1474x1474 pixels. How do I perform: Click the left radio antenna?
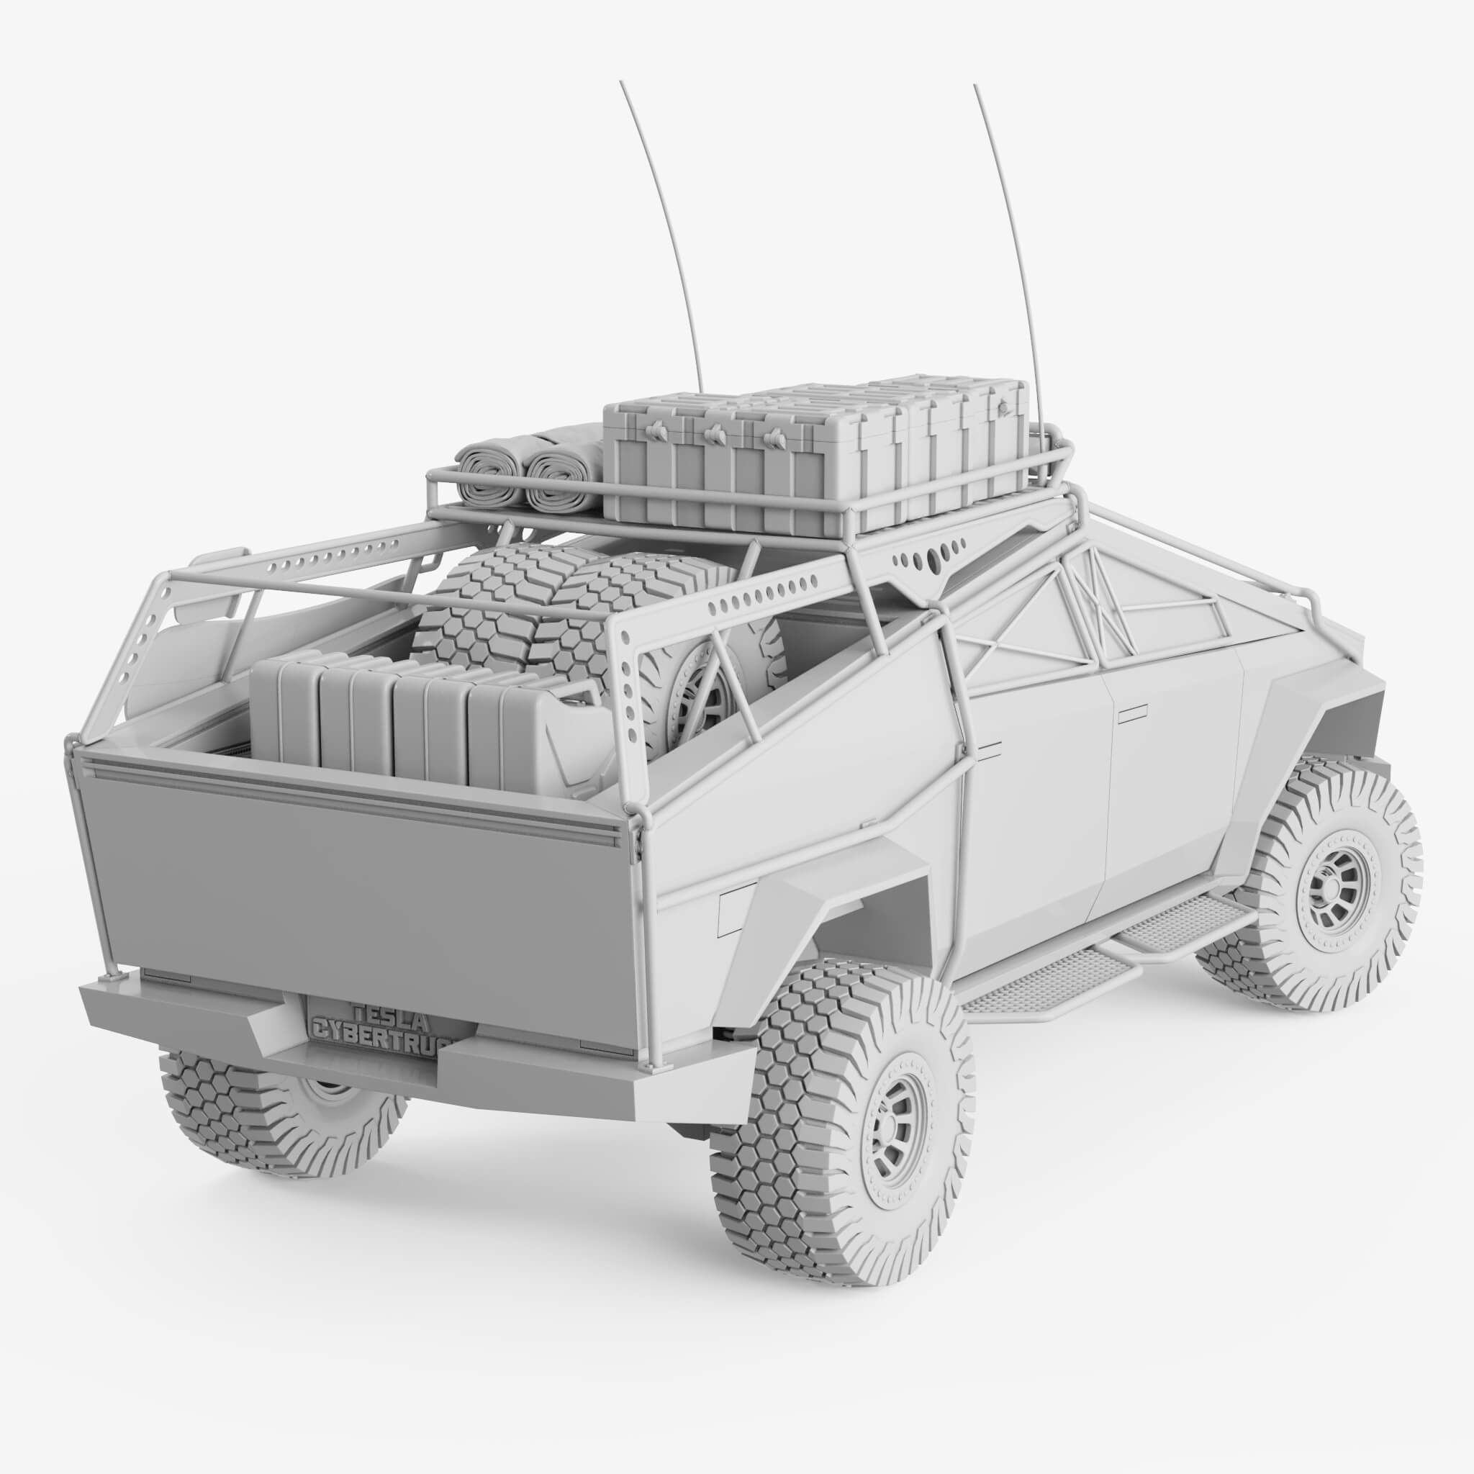click(663, 229)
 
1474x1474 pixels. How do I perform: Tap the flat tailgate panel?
click(343, 892)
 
